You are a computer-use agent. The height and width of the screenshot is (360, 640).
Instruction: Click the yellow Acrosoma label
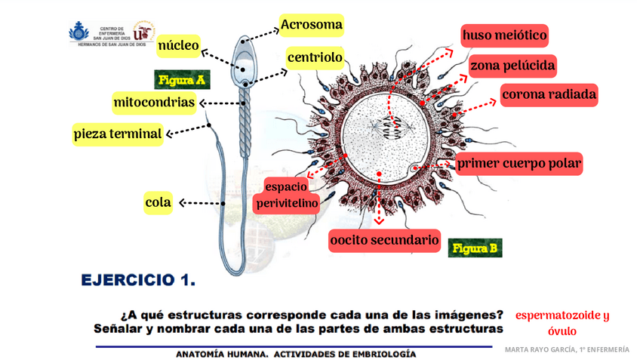coord(312,25)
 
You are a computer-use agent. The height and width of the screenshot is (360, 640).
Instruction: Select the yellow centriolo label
coord(315,57)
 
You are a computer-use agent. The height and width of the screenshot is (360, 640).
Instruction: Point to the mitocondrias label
coord(154,102)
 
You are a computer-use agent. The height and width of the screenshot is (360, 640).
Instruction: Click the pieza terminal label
coord(118,134)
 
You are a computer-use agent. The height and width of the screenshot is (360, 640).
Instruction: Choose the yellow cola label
coord(158,202)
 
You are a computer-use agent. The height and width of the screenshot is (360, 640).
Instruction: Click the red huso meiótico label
coord(504,35)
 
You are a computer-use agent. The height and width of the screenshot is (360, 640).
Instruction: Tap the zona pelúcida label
coord(512,66)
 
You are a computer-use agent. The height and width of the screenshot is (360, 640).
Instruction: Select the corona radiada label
coord(549,95)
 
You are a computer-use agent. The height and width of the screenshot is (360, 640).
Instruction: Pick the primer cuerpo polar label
coord(520,162)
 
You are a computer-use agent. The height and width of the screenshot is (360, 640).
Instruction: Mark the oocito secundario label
coord(384,241)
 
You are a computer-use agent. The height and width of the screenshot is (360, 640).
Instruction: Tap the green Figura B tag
coord(474,247)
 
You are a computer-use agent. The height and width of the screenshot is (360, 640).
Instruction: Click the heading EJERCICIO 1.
coord(138,281)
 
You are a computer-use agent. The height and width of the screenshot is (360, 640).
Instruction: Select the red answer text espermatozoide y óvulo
coord(562,323)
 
